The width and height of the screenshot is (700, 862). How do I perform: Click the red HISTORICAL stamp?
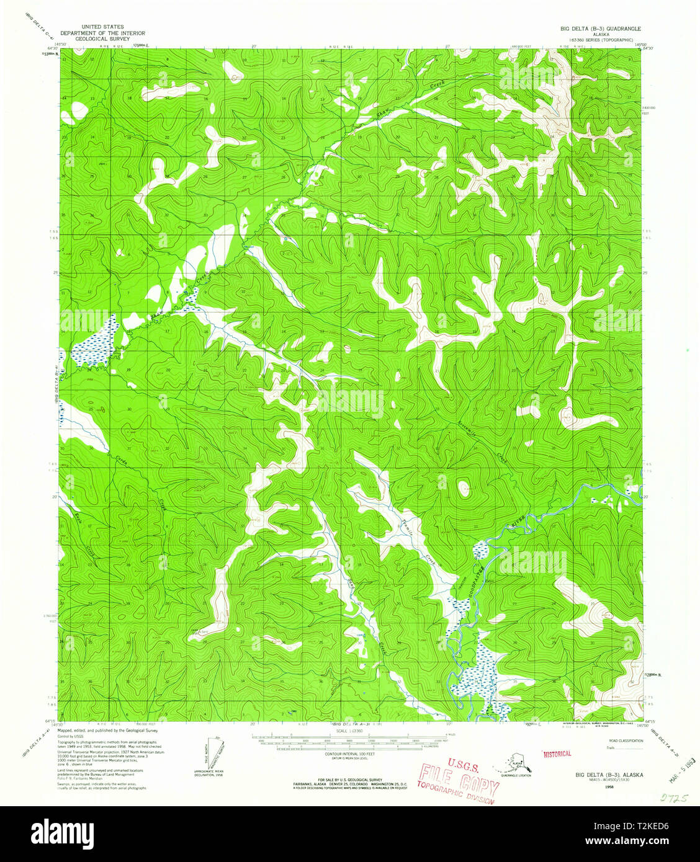557,753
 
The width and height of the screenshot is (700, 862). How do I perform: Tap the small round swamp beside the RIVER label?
479,549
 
